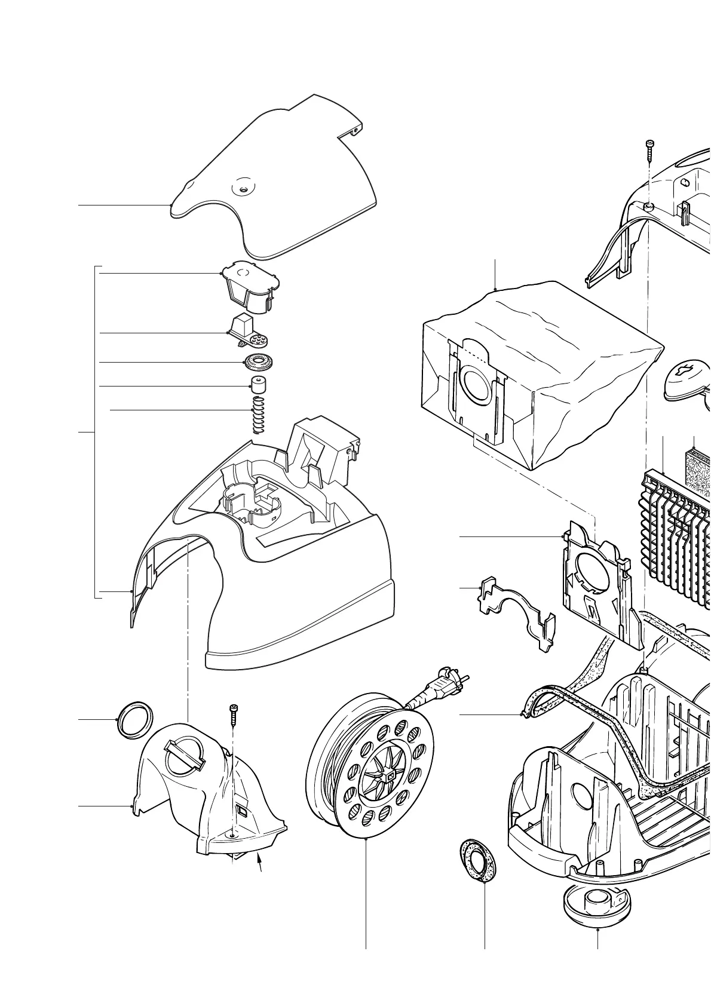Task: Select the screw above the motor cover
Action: [232, 713]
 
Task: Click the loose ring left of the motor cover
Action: [133, 720]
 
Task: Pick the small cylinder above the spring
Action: [258, 385]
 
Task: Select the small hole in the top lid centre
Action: [243, 188]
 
